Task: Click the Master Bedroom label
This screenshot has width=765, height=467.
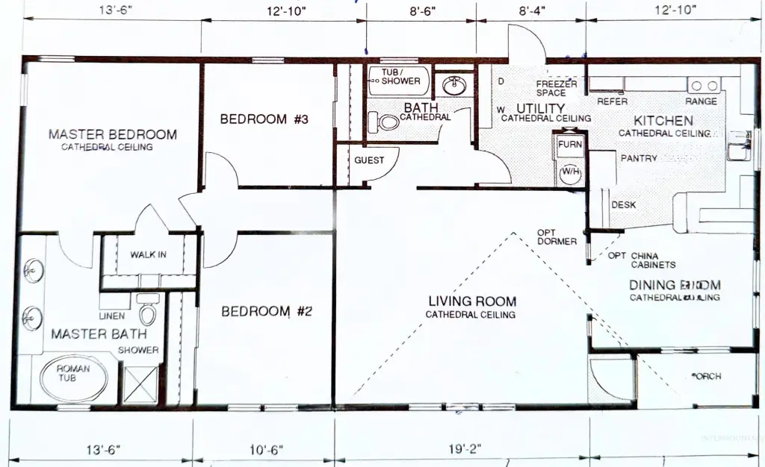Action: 113,135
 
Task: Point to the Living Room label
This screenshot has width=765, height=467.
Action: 471,301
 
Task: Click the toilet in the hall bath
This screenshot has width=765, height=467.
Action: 388,122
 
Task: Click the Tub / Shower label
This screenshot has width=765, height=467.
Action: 400,77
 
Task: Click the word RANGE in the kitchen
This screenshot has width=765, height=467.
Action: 701,101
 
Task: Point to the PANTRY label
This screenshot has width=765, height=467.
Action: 639,158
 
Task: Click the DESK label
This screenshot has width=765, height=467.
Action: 624,205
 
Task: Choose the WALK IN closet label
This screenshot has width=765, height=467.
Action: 148,254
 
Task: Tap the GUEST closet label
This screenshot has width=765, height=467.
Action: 369,160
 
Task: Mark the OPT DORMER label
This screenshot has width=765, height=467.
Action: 557,236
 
